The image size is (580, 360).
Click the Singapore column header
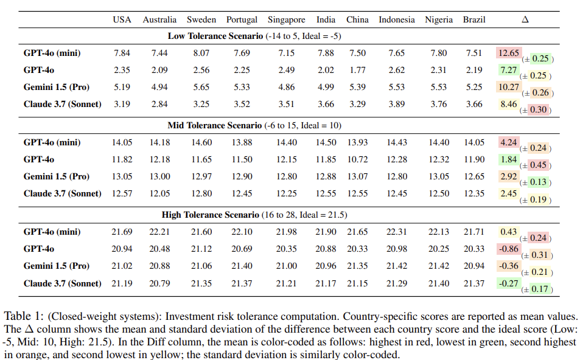[286, 19]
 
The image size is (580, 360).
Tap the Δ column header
[525, 19]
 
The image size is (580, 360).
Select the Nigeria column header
[439, 19]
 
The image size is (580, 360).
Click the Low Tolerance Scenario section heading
[254, 36]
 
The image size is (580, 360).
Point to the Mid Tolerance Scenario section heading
[254, 125]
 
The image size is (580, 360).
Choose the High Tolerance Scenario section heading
[254, 215]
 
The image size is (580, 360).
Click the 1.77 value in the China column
[357, 70]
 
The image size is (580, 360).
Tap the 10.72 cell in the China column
[357, 159]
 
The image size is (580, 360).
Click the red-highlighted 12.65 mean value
[508, 53]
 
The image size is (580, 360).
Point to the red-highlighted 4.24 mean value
[508, 142]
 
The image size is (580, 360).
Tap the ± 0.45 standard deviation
[537, 165]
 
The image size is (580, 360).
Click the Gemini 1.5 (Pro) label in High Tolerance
[56, 266]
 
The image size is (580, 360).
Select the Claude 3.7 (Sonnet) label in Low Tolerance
[62, 104]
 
